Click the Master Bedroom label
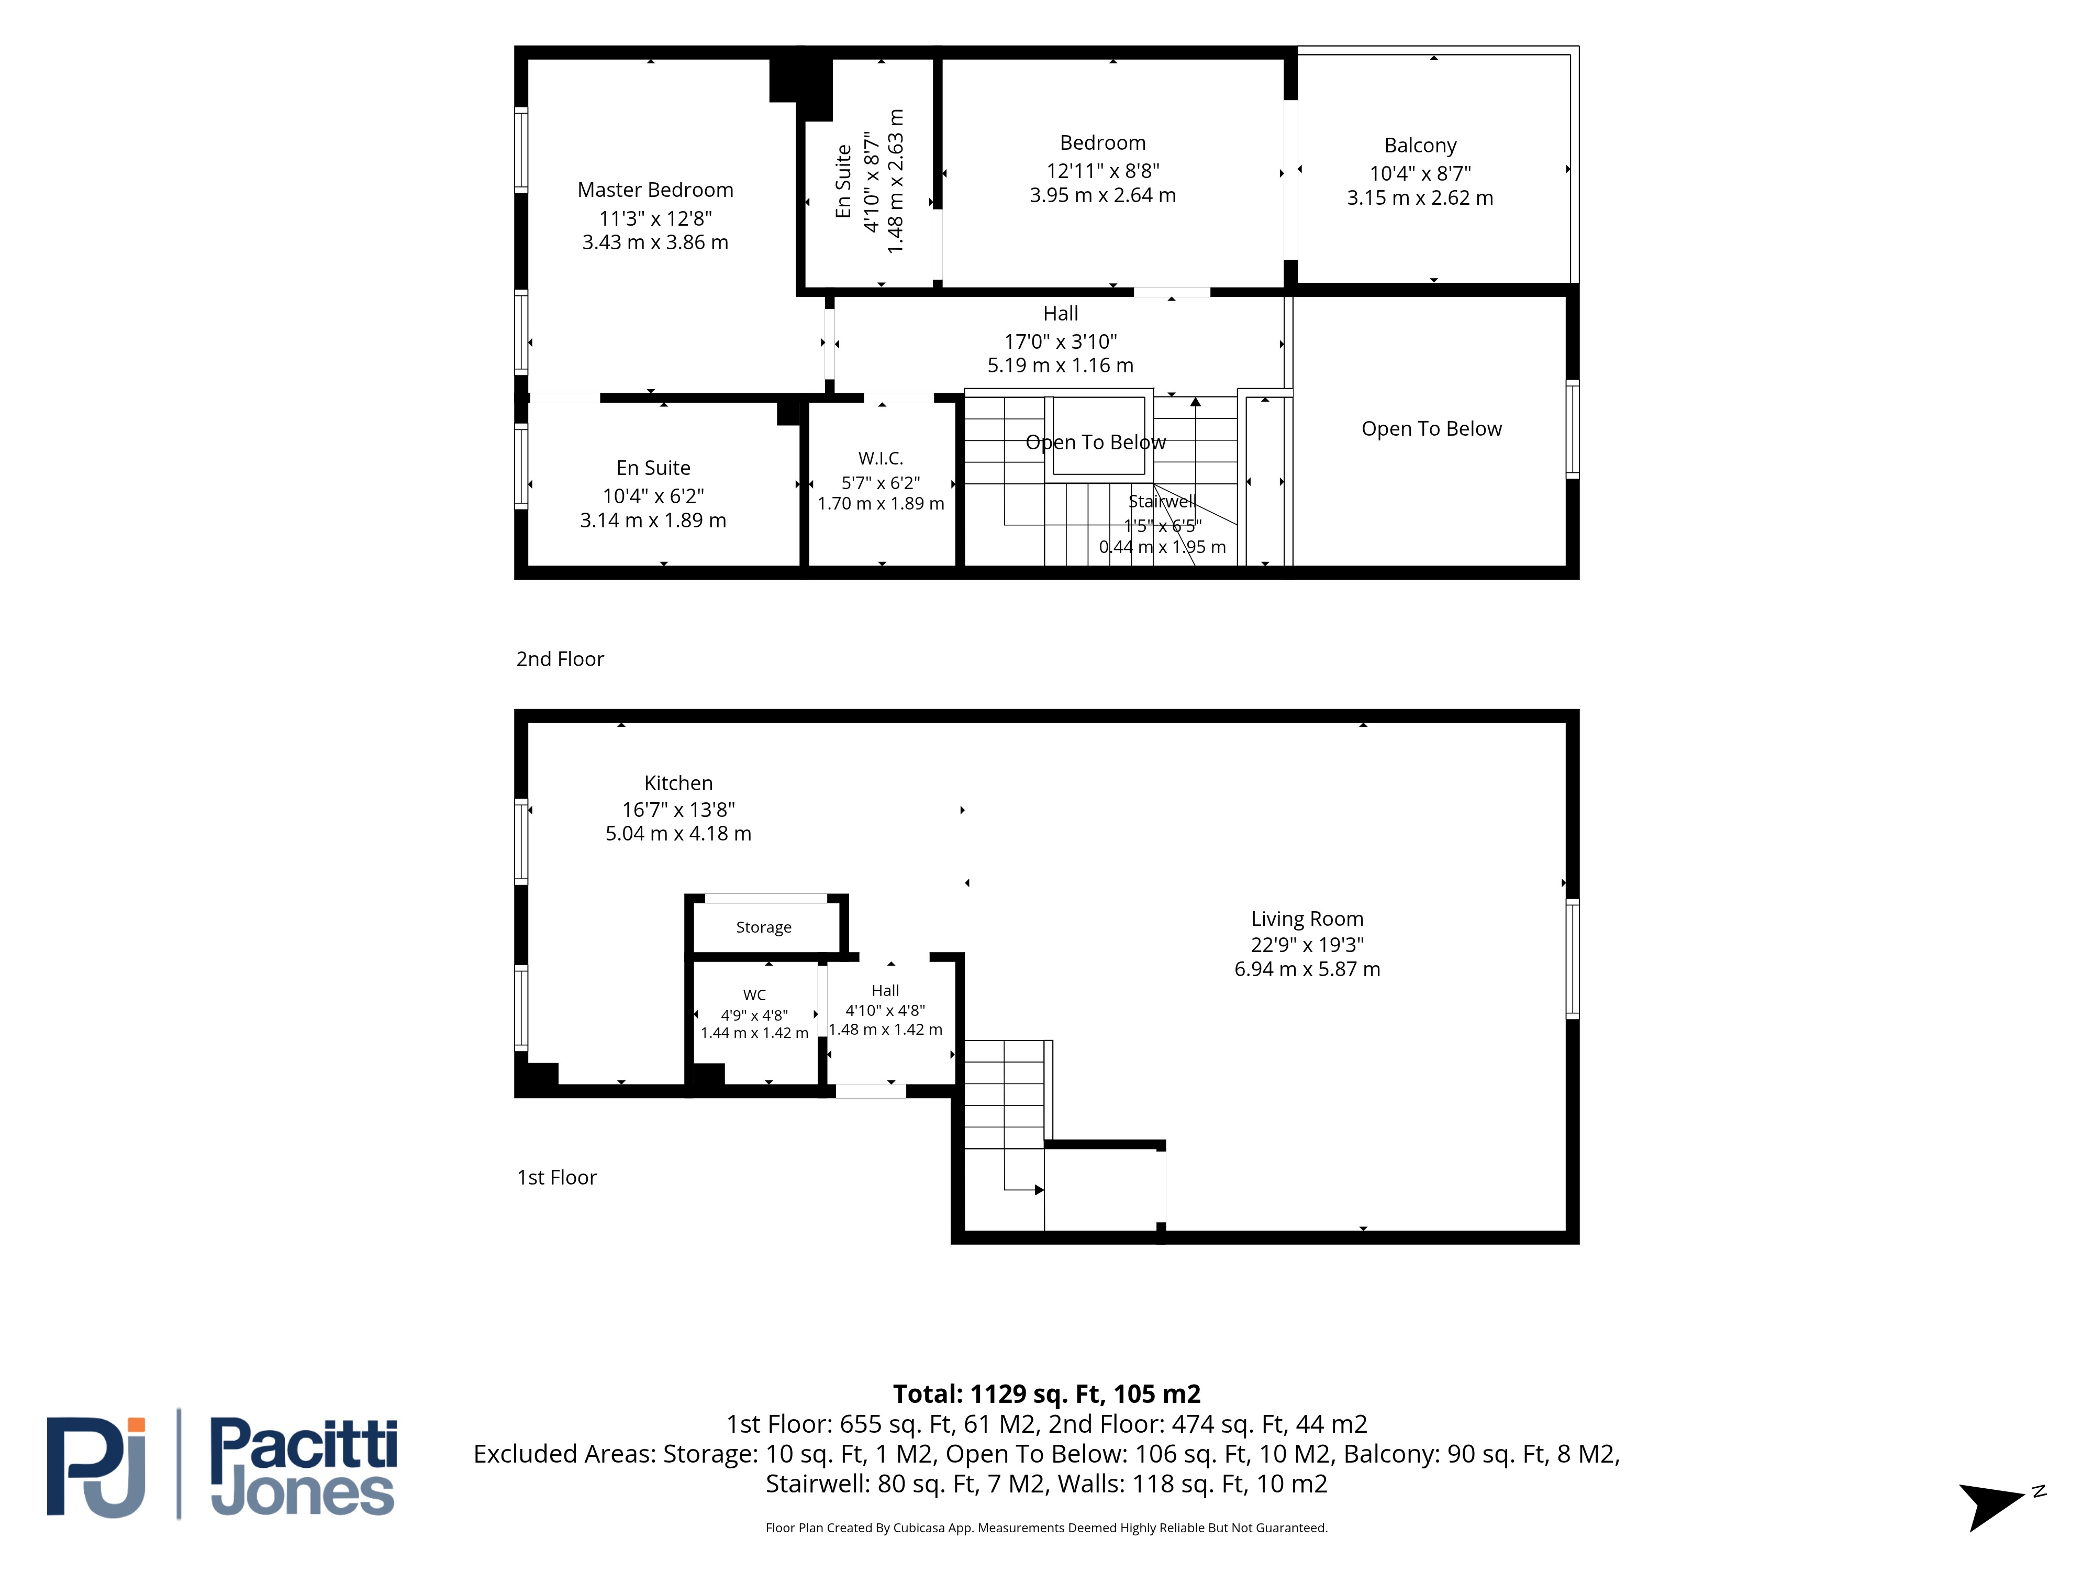[x=655, y=190]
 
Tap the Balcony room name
[x=1420, y=145]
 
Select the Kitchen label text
[x=678, y=783]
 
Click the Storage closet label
[x=764, y=927]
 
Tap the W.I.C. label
[x=881, y=458]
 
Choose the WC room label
[x=754, y=994]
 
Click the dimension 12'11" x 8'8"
[x=1103, y=170]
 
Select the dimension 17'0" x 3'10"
[x=1060, y=341]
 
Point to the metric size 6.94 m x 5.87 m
[x=1307, y=969]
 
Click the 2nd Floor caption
[x=560, y=659]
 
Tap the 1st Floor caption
[x=556, y=1177]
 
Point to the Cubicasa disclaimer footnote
[x=1046, y=1528]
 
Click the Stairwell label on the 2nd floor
[x=1162, y=501]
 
